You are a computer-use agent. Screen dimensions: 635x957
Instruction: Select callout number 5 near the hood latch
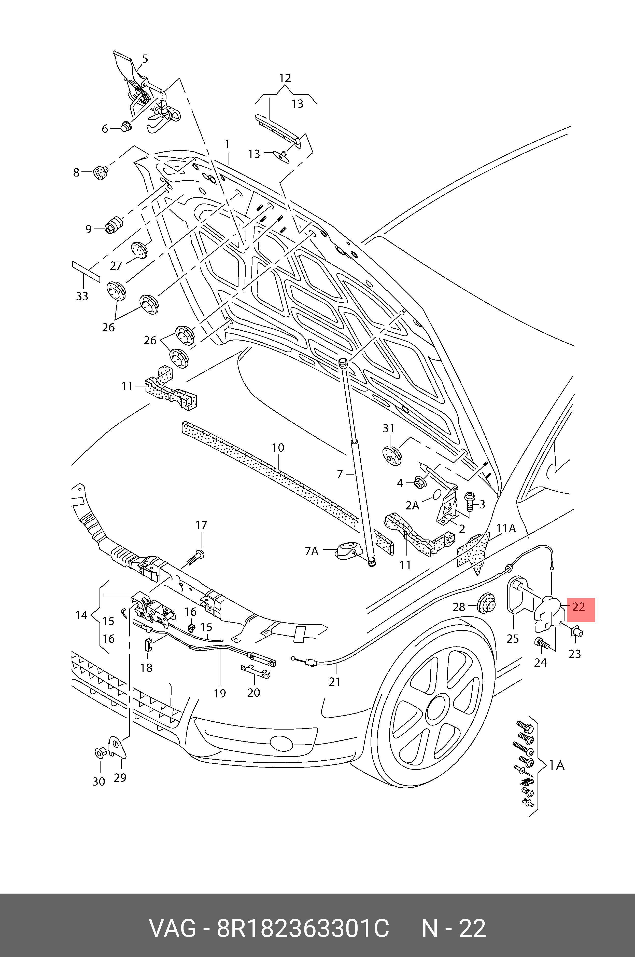(x=145, y=59)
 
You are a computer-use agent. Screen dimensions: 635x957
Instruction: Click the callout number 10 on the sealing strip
(x=278, y=448)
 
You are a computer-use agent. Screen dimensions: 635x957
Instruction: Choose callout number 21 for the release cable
(x=334, y=681)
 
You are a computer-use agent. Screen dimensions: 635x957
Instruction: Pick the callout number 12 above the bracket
(x=285, y=78)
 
